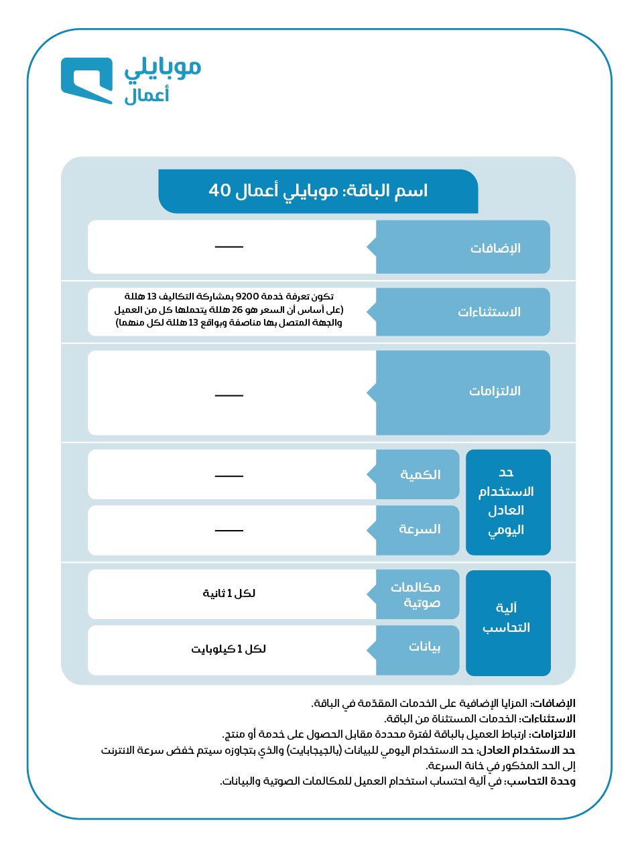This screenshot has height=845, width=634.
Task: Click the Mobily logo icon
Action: [86, 80]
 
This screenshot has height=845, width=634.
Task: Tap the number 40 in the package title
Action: [220, 191]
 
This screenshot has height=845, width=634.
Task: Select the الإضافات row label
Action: [495, 247]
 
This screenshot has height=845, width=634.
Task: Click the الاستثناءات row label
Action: [489, 312]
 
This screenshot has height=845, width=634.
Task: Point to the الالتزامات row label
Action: [495, 391]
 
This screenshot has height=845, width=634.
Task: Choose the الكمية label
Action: [420, 474]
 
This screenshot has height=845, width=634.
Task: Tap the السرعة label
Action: [420, 529]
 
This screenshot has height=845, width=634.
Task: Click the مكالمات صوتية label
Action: [416, 594]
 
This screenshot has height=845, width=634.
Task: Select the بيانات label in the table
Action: [425, 648]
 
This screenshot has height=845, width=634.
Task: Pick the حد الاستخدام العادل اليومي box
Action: [507, 501]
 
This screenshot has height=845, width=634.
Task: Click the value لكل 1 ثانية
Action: [229, 594]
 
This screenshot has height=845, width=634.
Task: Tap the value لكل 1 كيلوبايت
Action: [229, 649]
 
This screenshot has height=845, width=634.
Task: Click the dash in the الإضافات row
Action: [229, 247]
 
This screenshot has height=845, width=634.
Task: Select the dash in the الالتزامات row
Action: [229, 395]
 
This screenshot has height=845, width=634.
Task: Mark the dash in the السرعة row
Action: [229, 531]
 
